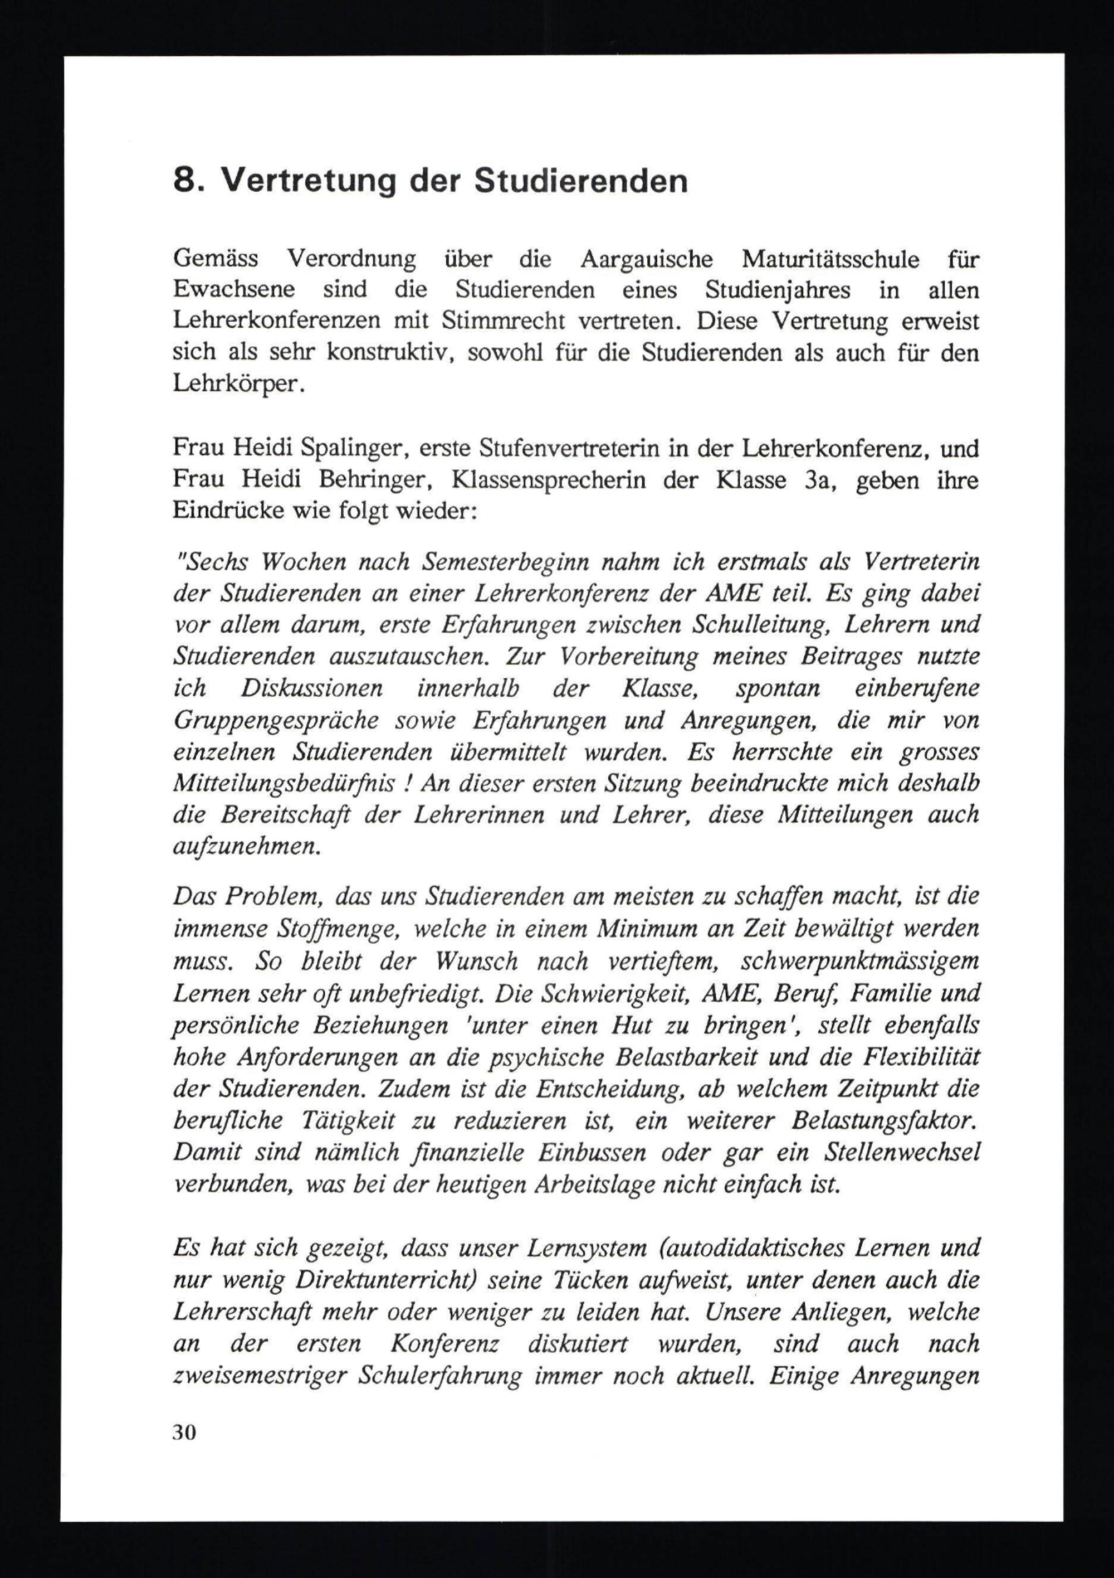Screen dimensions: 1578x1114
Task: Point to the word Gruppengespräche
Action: (x=276, y=720)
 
